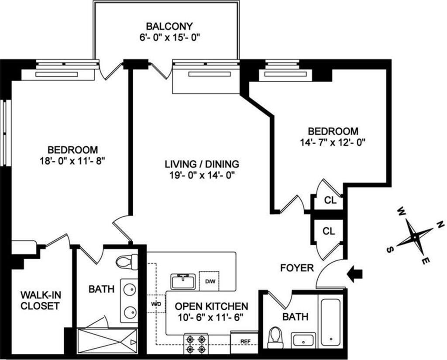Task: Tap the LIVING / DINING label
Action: coord(202,165)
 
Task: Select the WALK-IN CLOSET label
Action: coord(40,301)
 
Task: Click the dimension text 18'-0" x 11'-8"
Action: coord(73,160)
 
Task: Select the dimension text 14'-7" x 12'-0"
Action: coord(333,142)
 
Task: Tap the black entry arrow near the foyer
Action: coord(354,274)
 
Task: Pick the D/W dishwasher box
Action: coord(209,280)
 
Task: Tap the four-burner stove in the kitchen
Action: coord(196,344)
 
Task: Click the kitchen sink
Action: coord(183,281)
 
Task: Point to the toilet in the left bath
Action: coord(126,262)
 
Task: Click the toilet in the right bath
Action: coord(275,338)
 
